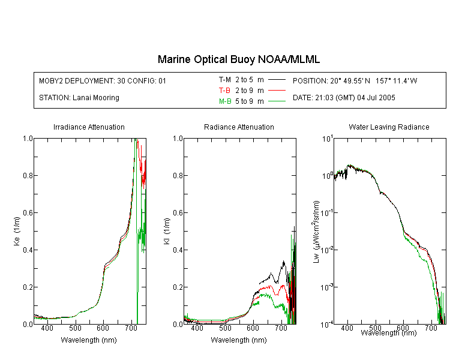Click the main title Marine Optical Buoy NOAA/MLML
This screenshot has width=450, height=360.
coord(238,59)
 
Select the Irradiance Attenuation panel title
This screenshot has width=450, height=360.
coord(89,127)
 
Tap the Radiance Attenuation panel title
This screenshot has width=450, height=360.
coord(239,127)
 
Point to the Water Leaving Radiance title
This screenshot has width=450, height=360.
coord(389,127)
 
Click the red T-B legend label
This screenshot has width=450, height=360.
coord(224,91)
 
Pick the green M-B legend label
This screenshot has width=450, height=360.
coord(225,101)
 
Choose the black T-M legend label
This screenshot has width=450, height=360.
coord(225,80)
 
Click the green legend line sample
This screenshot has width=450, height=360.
coord(277,101)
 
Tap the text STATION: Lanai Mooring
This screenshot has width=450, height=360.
coord(79,98)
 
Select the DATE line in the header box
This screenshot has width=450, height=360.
coord(344,98)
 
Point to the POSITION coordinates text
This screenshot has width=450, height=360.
coord(355,80)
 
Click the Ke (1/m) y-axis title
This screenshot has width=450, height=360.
coord(17,231)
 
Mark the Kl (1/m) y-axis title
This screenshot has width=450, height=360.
coord(167,231)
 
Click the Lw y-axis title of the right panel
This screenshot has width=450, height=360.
coord(316,232)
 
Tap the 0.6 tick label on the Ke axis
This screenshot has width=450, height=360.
coord(28,213)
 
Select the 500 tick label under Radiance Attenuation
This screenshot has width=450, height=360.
coord(225,328)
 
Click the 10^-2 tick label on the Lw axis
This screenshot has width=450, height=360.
coord(327,250)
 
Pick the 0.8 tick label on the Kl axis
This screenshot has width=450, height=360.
coord(178,175)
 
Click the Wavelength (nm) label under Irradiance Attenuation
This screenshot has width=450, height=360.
coord(89,340)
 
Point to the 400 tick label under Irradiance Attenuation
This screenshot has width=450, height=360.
coord(47,328)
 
